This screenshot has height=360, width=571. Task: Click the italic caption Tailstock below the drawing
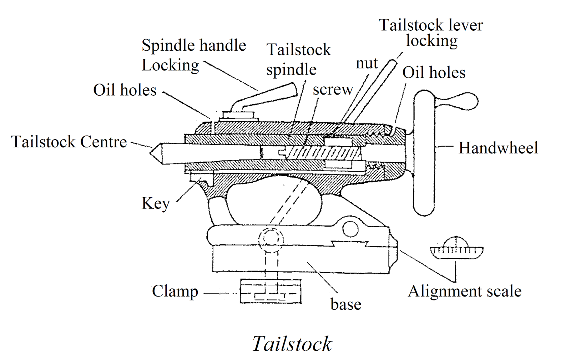coord(292,344)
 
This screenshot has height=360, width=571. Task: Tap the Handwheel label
coord(498,148)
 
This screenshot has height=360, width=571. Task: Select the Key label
coord(156,204)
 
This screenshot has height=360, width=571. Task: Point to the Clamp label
coord(175,291)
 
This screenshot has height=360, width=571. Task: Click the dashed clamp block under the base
coord(271,291)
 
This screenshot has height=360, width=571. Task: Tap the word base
coord(345,304)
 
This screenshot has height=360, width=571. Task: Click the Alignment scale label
coord(464,291)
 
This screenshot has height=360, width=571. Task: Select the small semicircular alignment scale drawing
coord(457,248)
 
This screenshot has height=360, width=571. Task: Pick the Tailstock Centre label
coord(69,142)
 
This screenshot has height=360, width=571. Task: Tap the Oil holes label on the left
coord(125,90)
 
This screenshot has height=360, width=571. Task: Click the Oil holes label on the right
coord(434,73)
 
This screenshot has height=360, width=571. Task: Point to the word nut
coord(367,64)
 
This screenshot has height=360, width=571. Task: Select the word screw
coord(333,89)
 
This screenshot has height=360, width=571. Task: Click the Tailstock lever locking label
coord(431,33)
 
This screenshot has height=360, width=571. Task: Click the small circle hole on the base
coord(350,229)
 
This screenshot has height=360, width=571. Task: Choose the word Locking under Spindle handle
coord(170,65)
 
